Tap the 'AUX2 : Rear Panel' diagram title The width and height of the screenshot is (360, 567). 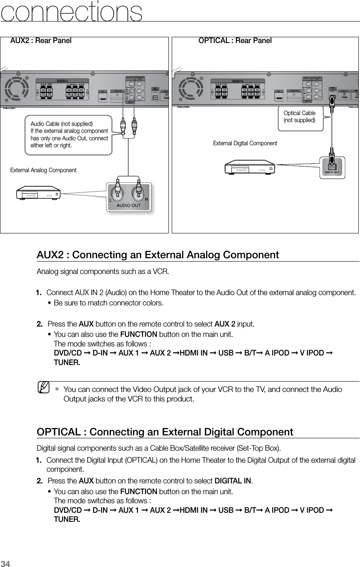[x=41, y=41]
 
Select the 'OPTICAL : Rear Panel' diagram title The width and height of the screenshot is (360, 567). [x=235, y=41]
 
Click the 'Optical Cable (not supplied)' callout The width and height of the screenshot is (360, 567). [x=300, y=116]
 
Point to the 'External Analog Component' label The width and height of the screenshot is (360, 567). [x=43, y=170]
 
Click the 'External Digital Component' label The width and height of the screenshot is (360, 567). [x=245, y=143]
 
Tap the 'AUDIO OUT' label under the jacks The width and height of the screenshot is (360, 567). [x=129, y=205]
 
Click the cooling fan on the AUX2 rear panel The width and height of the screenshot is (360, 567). [x=16, y=88]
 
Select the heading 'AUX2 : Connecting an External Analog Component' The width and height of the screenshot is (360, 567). [x=158, y=255]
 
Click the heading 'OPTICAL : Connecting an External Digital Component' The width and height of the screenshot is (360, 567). [x=165, y=432]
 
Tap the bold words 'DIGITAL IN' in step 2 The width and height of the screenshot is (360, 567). [x=233, y=481]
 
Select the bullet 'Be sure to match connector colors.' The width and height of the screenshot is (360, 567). [x=108, y=303]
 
